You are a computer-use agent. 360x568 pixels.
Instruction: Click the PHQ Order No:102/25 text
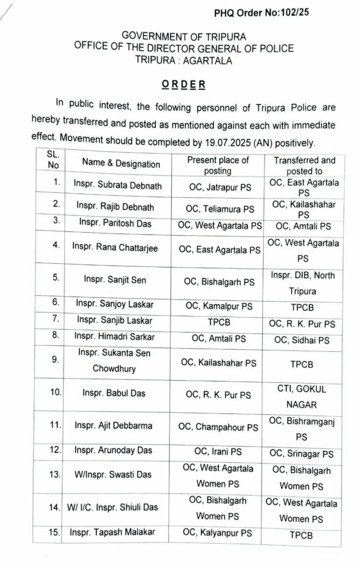tap(262, 12)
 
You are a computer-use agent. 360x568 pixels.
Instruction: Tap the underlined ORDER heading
tap(183, 84)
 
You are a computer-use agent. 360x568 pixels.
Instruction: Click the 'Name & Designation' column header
tap(121, 164)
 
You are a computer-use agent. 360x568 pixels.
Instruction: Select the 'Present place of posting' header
tap(218, 165)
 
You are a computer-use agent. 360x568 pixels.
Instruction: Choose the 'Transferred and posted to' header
tap(304, 166)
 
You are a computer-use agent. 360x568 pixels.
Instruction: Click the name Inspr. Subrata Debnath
tap(117, 185)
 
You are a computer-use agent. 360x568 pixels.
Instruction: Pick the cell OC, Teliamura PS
tap(220, 209)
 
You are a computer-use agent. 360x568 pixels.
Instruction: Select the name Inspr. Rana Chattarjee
tap(115, 248)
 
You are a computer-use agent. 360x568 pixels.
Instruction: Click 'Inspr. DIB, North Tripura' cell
tap(303, 283)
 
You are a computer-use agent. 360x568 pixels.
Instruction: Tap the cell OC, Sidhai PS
tap(303, 340)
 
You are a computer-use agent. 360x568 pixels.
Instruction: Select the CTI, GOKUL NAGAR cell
tap(302, 396)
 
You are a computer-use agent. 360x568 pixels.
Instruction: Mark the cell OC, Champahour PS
tap(218, 428)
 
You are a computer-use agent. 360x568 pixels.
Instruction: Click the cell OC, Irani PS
tap(218, 452)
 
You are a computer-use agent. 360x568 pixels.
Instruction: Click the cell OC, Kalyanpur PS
tap(218, 533)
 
